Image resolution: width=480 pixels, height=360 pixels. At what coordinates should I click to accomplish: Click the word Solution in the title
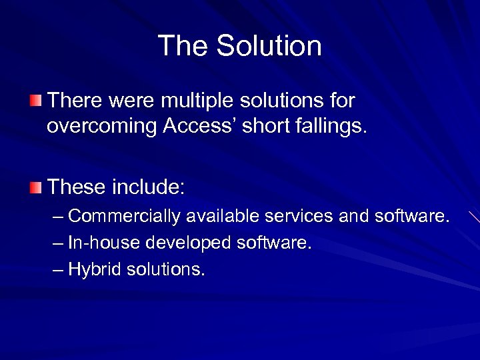[x=269, y=46]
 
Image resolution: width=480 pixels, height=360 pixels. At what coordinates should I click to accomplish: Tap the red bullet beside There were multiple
[x=35, y=101]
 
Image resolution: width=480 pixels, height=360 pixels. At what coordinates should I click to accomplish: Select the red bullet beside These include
[x=35, y=187]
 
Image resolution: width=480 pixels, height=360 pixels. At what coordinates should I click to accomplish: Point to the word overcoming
[x=101, y=126]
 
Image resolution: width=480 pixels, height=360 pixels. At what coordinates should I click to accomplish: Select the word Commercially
[x=125, y=217]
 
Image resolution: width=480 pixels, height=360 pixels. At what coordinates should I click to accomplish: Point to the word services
[x=301, y=217]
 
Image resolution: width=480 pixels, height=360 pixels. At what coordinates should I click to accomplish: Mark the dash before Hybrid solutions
[x=59, y=270]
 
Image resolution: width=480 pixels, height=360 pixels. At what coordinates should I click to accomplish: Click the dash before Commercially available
[x=59, y=217]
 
